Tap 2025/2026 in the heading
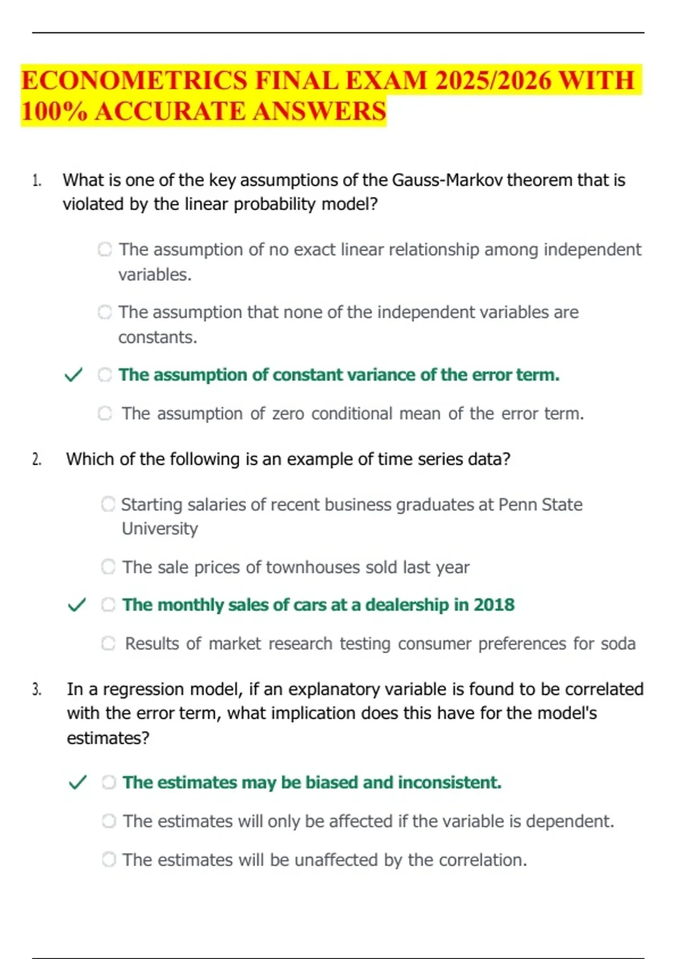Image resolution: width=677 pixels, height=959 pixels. pyautogui.click(x=493, y=80)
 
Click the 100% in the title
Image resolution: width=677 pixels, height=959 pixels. pyautogui.click(x=54, y=111)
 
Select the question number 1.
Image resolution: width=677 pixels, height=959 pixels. pyautogui.click(x=37, y=181)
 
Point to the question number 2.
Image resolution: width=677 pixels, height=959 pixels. pyautogui.click(x=37, y=460)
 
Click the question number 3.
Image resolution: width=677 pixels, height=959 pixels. pyautogui.click(x=37, y=689)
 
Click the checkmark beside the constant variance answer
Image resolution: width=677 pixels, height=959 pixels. pyautogui.click(x=73, y=375)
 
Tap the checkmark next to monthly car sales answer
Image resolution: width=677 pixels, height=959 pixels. pyautogui.click(x=77, y=605)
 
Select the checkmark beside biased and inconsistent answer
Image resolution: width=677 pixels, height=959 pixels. pyautogui.click(x=77, y=782)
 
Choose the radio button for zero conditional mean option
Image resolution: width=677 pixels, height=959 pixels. pyautogui.click(x=105, y=413)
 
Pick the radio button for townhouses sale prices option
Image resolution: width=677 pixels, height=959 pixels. pyautogui.click(x=108, y=566)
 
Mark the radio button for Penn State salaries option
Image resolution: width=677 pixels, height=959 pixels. pyautogui.click(x=108, y=504)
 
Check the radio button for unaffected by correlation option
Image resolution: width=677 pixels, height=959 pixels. pyautogui.click(x=109, y=859)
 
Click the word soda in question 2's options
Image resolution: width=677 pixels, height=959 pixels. pyautogui.click(x=618, y=644)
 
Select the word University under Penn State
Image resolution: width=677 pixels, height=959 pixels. pyautogui.click(x=160, y=529)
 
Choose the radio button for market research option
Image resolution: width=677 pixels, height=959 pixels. pyautogui.click(x=108, y=643)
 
